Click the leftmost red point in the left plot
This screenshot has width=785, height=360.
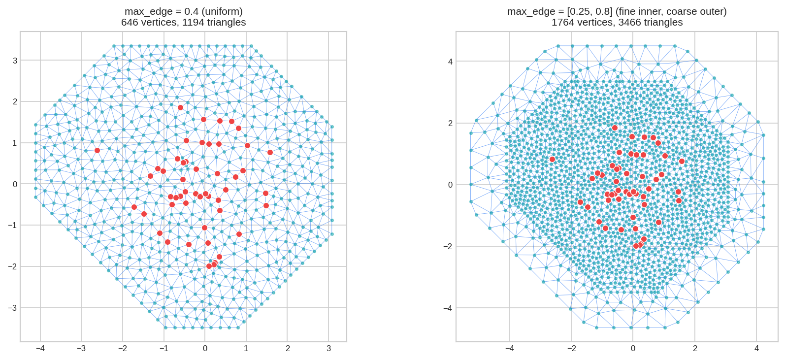97,150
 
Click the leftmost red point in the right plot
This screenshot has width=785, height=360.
552,159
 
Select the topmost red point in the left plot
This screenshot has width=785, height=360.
180,107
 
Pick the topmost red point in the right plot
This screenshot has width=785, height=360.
615,128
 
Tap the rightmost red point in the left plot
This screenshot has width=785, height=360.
270,152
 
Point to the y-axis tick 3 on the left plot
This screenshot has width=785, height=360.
15,61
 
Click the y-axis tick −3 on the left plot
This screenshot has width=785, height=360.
13,308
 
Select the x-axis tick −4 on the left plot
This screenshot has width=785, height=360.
40,349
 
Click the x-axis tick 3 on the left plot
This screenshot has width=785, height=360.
329,349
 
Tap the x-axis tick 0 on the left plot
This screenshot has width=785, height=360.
205,349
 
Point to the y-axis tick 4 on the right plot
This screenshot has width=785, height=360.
450,62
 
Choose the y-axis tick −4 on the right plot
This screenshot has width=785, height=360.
448,308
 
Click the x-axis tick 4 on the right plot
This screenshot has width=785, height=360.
757,349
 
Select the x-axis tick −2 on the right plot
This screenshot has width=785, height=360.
571,349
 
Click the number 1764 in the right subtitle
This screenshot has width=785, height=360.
562,22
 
